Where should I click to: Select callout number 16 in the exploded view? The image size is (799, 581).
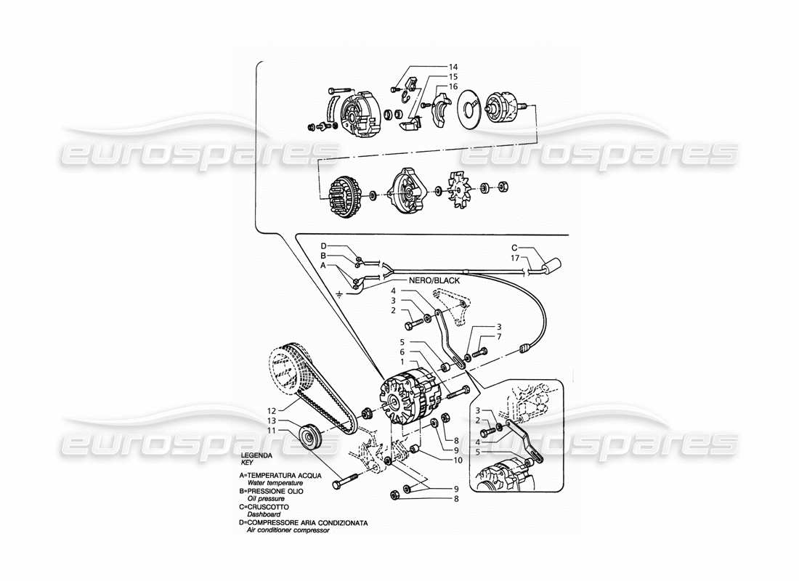tap(453, 86)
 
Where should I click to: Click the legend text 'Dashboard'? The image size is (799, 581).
tap(262, 513)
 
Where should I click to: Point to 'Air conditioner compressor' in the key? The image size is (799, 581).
tap(288, 530)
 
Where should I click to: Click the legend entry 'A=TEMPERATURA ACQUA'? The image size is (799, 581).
tap(280, 476)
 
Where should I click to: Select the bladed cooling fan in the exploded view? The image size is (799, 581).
tap(460, 190)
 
